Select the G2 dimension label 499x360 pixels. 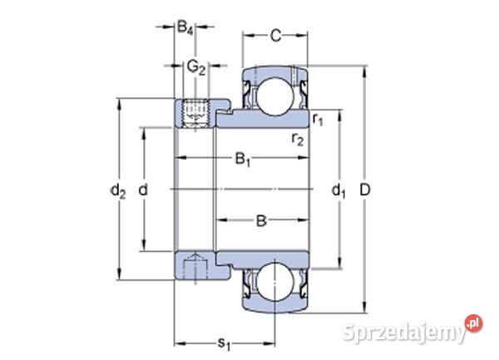pyautogui.click(x=195, y=66)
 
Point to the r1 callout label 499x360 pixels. pyautogui.click(x=318, y=120)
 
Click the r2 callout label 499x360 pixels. pyautogui.click(x=297, y=139)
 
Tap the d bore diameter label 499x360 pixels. pyautogui.click(x=143, y=190)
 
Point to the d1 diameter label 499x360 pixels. pyautogui.click(x=338, y=191)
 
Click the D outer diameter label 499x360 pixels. pyautogui.click(x=365, y=190)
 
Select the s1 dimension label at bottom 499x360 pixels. pyautogui.click(x=224, y=340)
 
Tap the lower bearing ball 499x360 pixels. pyautogui.click(x=271, y=284)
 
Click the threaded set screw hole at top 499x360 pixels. pyautogui.click(x=195, y=111)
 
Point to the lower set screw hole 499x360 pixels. pyautogui.click(x=195, y=268)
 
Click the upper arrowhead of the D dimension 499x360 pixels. pyautogui.click(x=364, y=69)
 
